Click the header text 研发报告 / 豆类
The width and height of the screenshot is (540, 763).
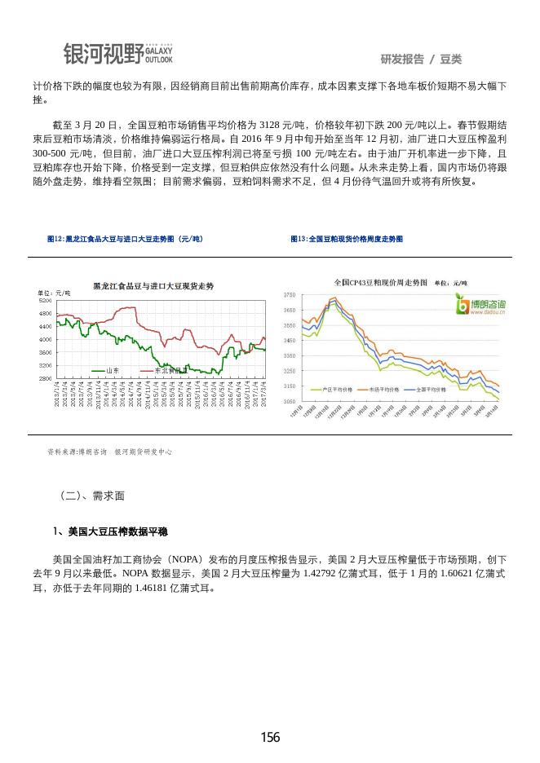click(421, 60)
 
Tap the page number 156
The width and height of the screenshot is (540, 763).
click(270, 738)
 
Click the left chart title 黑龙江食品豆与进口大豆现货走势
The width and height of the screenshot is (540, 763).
click(153, 287)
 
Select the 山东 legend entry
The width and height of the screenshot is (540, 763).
click(113, 370)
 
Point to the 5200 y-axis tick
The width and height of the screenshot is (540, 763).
click(46, 301)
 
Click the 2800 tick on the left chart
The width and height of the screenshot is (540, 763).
click(46, 379)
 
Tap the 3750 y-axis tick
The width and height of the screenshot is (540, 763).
click(289, 295)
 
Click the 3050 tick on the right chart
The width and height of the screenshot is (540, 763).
click(289, 402)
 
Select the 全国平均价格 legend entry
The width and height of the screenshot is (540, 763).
click(430, 390)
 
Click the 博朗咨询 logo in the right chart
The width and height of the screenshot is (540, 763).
click(480, 306)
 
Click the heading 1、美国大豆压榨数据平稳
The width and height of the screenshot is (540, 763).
click(110, 532)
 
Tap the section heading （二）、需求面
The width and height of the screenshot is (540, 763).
click(92, 495)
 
